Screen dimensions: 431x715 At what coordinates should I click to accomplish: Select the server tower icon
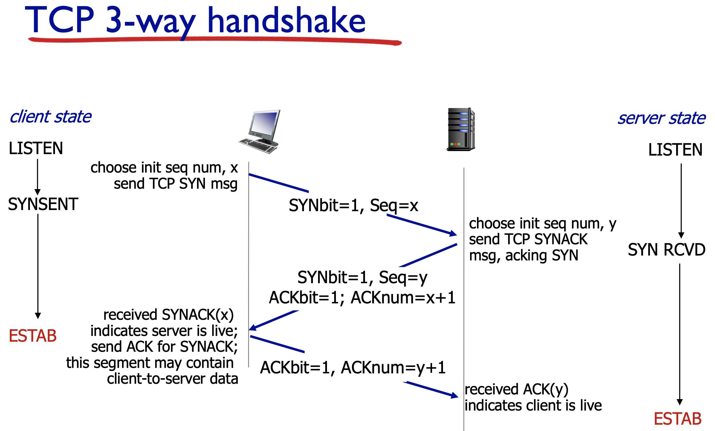tap(461, 130)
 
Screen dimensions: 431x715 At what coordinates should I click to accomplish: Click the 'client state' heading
tap(50, 117)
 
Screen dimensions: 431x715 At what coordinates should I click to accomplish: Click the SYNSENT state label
tap(43, 204)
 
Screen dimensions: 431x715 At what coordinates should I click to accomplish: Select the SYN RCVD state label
tap(667, 249)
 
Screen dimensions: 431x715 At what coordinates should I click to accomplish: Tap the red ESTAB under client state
tap(33, 336)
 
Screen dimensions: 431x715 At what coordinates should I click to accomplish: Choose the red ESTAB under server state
tap(678, 419)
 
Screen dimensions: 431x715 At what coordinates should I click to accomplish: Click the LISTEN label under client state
tap(36, 148)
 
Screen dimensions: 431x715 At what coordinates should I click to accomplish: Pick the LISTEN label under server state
tap(675, 150)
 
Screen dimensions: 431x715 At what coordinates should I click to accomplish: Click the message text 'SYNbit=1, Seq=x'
tap(353, 205)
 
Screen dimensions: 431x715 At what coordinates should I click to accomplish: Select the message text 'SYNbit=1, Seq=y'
tap(362, 277)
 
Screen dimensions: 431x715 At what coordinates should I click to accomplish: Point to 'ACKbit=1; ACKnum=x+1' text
tap(362, 297)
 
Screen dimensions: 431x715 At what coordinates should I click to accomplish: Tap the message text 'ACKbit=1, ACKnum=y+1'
tap(353, 367)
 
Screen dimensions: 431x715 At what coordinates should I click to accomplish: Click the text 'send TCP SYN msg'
tap(176, 184)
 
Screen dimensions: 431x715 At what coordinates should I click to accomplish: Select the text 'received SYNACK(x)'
tap(168, 315)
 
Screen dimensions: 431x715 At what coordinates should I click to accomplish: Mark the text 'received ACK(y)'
tap(516, 389)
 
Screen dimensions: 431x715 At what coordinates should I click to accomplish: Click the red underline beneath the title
tap(215, 40)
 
